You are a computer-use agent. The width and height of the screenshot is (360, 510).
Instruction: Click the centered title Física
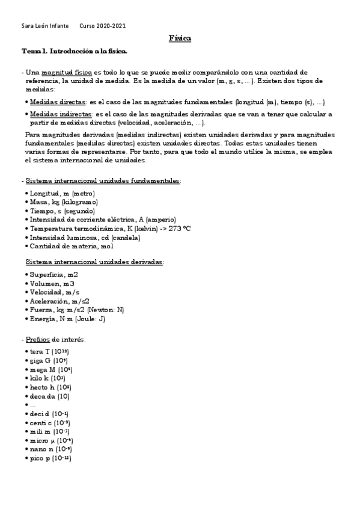pos(180,38)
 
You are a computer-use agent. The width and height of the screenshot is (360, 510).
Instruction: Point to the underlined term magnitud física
pos(67,72)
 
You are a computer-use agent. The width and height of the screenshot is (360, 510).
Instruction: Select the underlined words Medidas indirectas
pos(61,114)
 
